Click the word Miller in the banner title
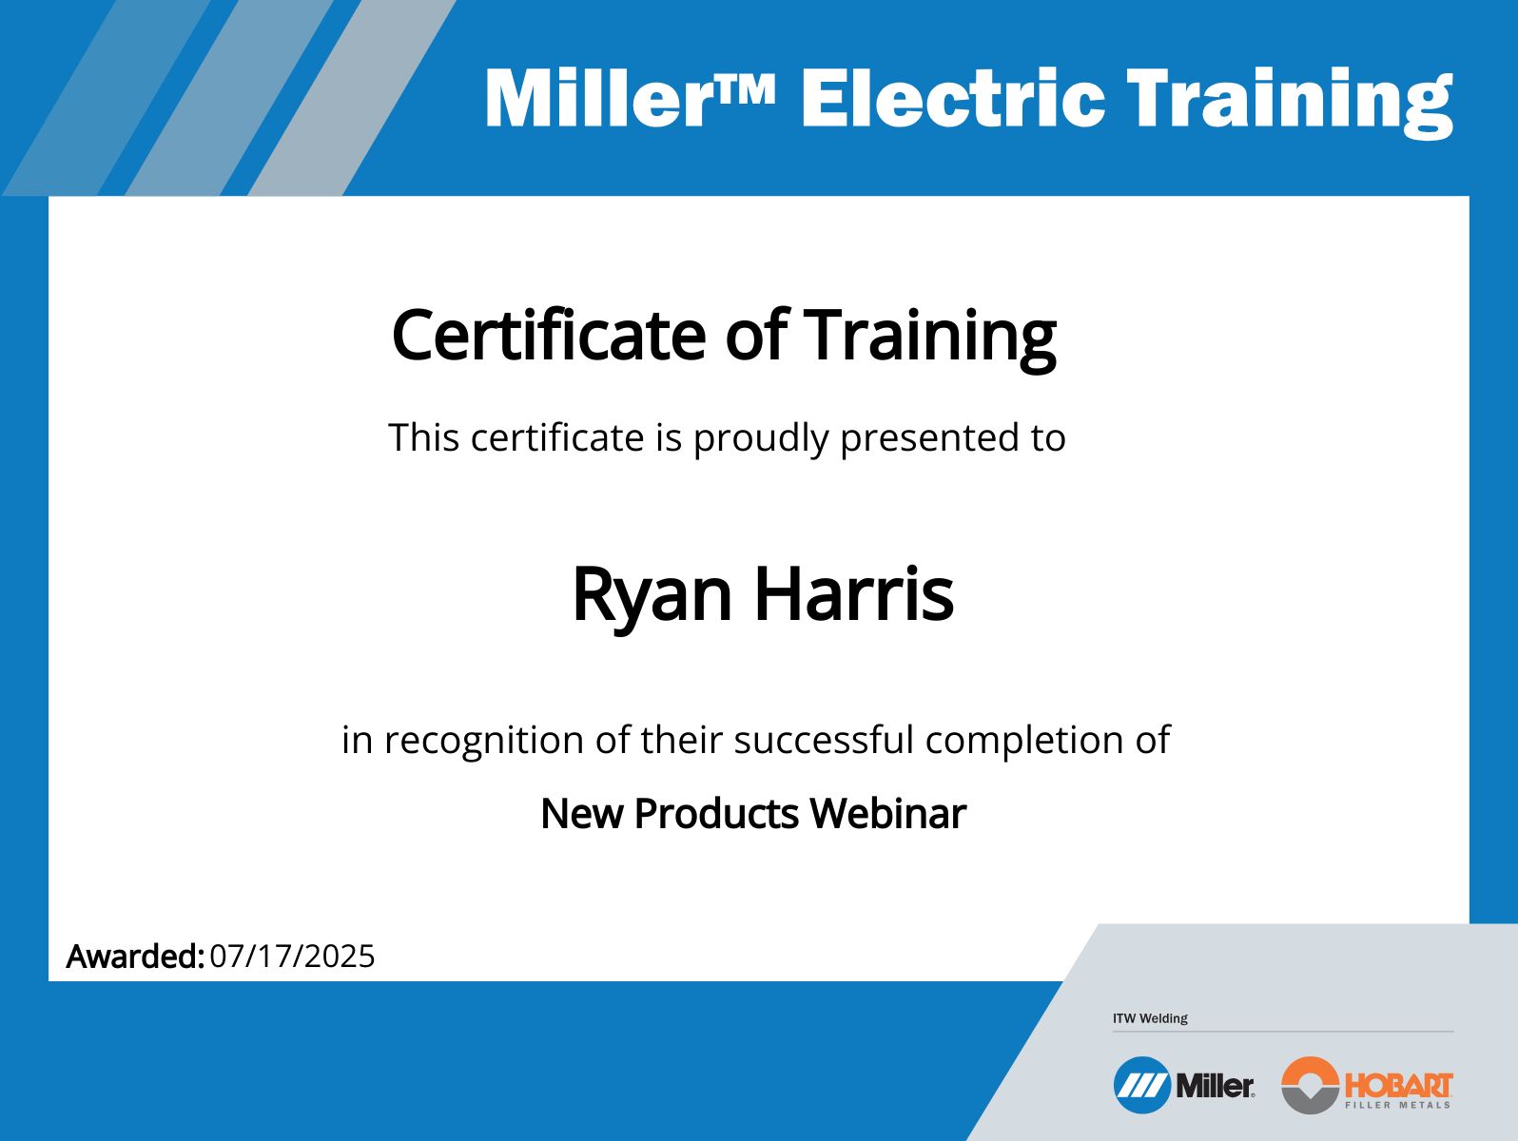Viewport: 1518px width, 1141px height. pyautogui.click(x=598, y=98)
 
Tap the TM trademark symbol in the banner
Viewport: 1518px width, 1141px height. pyautogui.click(x=745, y=89)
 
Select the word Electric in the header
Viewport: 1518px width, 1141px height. pyautogui.click(x=953, y=98)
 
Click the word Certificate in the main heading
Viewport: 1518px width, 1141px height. pyautogui.click(x=549, y=336)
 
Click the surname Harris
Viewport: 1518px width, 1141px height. pyautogui.click(x=854, y=594)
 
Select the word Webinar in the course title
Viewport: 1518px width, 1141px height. pyautogui.click(x=888, y=813)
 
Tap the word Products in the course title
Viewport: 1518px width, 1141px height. pyautogui.click(x=716, y=813)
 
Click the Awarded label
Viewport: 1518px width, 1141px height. pyautogui.click(x=135, y=957)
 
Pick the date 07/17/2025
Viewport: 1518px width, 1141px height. pyautogui.click(x=292, y=957)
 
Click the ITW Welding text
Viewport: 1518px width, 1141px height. pyautogui.click(x=1150, y=1018)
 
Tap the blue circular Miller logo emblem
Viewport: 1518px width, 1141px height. pyautogui.click(x=1141, y=1085)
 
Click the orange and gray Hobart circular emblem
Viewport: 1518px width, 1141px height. pyautogui.click(x=1311, y=1085)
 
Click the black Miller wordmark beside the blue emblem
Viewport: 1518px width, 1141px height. pyautogui.click(x=1215, y=1087)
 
